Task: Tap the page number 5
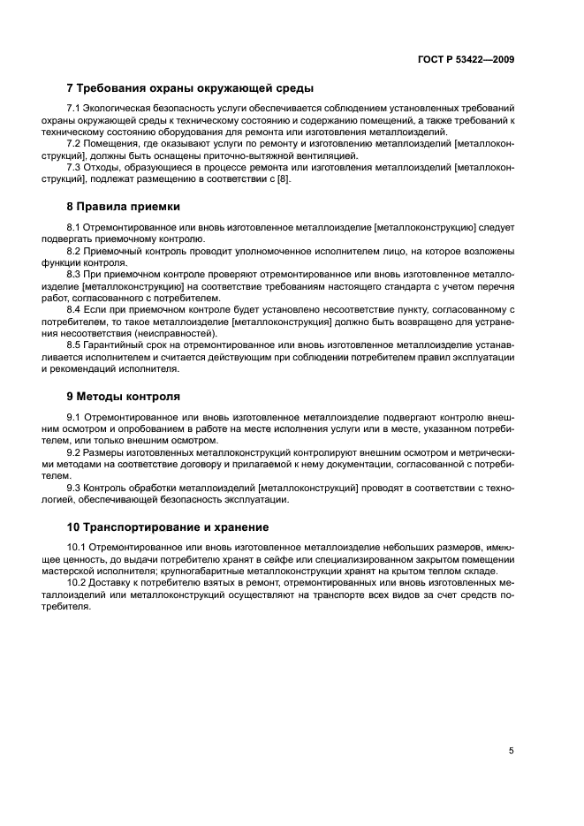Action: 511,751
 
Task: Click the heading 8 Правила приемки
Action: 124,206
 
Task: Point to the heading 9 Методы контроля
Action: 124,397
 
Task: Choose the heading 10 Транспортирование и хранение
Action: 168,527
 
